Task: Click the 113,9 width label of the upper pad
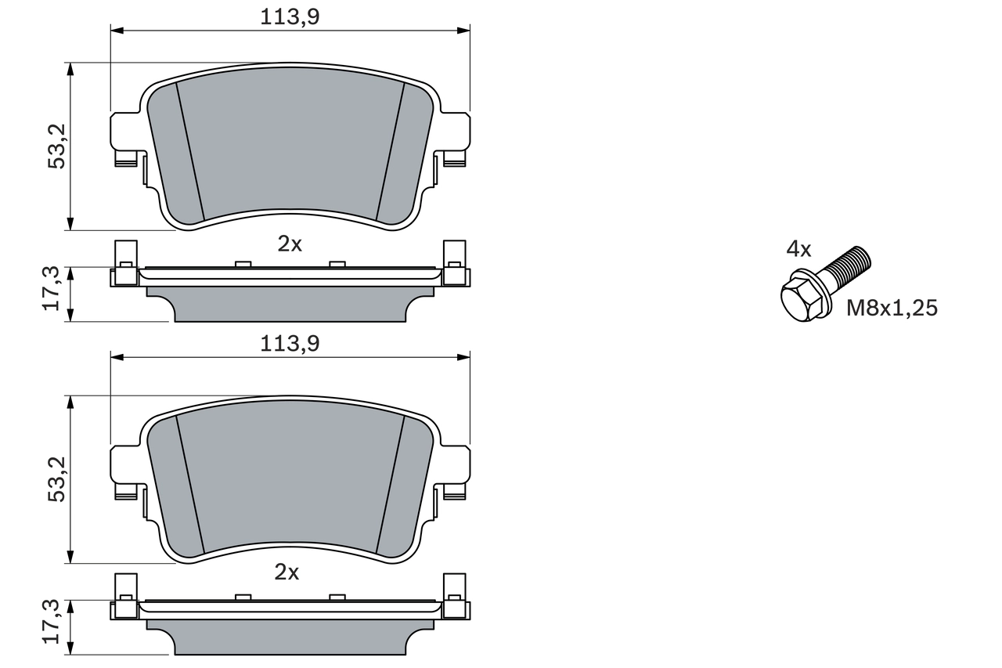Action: coord(290,17)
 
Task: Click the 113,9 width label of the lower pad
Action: coord(290,344)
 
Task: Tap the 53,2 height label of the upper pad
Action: coord(57,146)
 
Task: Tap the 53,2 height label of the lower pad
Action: coord(57,479)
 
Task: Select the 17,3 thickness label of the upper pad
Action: coord(51,288)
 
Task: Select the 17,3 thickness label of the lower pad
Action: coord(51,622)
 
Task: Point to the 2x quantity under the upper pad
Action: coord(290,244)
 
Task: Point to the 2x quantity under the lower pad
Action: coord(287,572)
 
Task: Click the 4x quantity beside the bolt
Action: coord(799,249)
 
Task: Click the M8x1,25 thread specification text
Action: coord(892,308)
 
